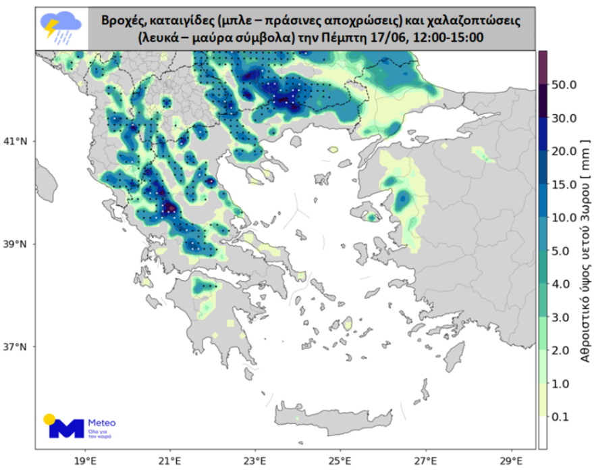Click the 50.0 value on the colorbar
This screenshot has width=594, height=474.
pyautogui.click(x=564, y=85)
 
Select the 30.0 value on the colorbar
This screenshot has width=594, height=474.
pyautogui.click(x=564, y=118)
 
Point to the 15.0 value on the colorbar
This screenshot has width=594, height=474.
pyautogui.click(x=564, y=184)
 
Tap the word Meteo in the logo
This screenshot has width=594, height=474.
pyautogui.click(x=102, y=423)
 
